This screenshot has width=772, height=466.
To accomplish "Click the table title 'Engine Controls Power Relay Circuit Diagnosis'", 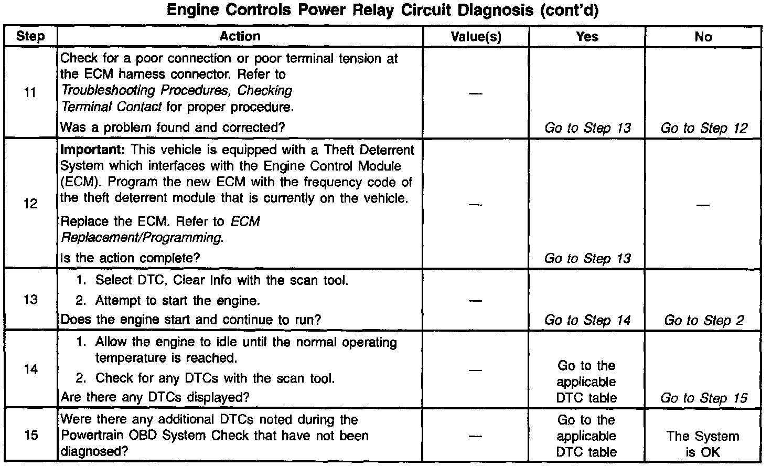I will [382, 10].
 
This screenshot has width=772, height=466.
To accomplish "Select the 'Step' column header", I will [30, 37].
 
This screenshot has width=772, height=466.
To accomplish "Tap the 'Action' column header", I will [240, 36].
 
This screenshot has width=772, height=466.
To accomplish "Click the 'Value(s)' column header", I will [476, 37].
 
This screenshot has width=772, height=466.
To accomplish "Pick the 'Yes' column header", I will [587, 37].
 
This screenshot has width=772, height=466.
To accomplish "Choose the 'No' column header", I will [703, 37].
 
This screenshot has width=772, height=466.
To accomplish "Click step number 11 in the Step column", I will [30, 93].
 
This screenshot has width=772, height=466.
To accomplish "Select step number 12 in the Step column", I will [30, 204].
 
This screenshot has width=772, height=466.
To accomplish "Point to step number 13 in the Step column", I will [30, 300].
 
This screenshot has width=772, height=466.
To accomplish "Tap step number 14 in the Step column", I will [30, 369].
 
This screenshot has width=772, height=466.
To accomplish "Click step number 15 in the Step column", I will [30, 436].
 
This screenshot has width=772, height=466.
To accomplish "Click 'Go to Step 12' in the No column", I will [704, 128].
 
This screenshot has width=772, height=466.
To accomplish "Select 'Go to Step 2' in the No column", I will [704, 320].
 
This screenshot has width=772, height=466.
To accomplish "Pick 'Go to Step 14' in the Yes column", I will [587, 320].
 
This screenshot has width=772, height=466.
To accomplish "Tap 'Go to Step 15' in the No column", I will [704, 398].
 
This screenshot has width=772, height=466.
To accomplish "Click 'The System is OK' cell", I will [703, 444].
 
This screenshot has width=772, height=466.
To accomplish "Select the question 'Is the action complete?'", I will [131, 258].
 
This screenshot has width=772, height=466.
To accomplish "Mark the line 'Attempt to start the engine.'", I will [177, 301].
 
